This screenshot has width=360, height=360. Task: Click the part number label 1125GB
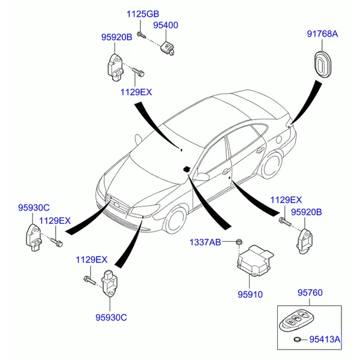(142, 14)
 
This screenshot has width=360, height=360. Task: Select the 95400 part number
(166, 26)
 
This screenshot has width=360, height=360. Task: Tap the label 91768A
(322, 34)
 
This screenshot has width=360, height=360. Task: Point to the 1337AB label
(206, 242)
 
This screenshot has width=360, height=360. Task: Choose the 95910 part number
(250, 295)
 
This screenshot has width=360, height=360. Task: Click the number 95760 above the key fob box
(310, 293)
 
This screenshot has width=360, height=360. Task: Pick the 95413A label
(325, 340)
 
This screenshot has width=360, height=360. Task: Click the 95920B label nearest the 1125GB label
(116, 37)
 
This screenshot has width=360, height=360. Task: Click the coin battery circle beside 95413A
(297, 341)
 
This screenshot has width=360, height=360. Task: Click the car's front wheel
(178, 220)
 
